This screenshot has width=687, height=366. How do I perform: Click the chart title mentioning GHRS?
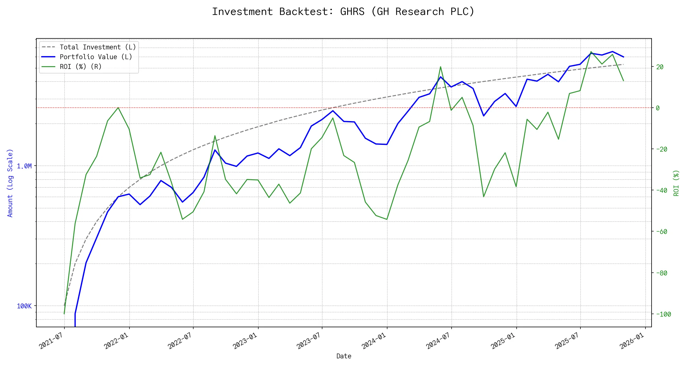pos(343,12)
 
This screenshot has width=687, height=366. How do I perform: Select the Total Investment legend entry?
pos(98,47)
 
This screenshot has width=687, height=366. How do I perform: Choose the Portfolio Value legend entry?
pos(96,57)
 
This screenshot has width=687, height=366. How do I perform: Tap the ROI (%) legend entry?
pos(81,67)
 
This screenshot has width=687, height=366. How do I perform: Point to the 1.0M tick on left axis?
pos(24,166)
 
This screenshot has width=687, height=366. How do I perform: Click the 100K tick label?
pos(24,306)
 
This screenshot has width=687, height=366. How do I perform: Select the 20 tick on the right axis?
pos(660,67)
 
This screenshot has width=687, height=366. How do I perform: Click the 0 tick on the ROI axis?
pos(658,108)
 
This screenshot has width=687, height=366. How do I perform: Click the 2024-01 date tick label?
pos(374,341)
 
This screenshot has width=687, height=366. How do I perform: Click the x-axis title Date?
pos(344,356)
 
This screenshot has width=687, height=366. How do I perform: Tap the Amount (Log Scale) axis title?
pos(10,183)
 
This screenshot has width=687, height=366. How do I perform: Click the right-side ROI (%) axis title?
pos(676,183)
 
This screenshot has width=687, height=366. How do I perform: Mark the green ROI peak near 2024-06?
pos(440,66)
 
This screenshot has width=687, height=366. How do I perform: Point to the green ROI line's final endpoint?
pos(623,81)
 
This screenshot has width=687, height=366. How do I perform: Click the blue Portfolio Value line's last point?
pos(623,57)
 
